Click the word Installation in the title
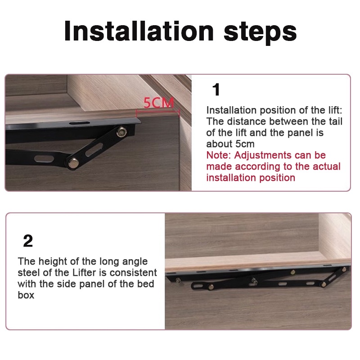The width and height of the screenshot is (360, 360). pyautogui.click(x=139, y=31)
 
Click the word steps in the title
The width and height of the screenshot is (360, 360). pyautogui.click(x=260, y=32)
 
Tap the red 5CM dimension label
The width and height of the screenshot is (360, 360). pyautogui.click(x=159, y=103)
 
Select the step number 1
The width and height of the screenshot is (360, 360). pyautogui.click(x=216, y=90)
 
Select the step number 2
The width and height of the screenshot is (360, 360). pyautogui.click(x=28, y=241)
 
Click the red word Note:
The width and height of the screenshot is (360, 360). pyautogui.click(x=219, y=155)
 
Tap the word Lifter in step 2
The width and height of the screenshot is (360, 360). pyautogui.click(x=84, y=273)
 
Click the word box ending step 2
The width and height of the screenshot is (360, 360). pyautogui.click(x=26, y=295)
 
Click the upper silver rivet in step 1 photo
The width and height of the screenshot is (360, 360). pyautogui.click(x=121, y=132)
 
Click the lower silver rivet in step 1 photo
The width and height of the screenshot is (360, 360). pyautogui.click(x=73, y=163)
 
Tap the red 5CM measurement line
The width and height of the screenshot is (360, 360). pyautogui.click(x=158, y=112)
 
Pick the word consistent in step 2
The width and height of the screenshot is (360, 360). pyautogui.click(x=133, y=273)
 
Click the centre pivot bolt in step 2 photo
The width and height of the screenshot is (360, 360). pyautogui.click(x=254, y=280)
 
